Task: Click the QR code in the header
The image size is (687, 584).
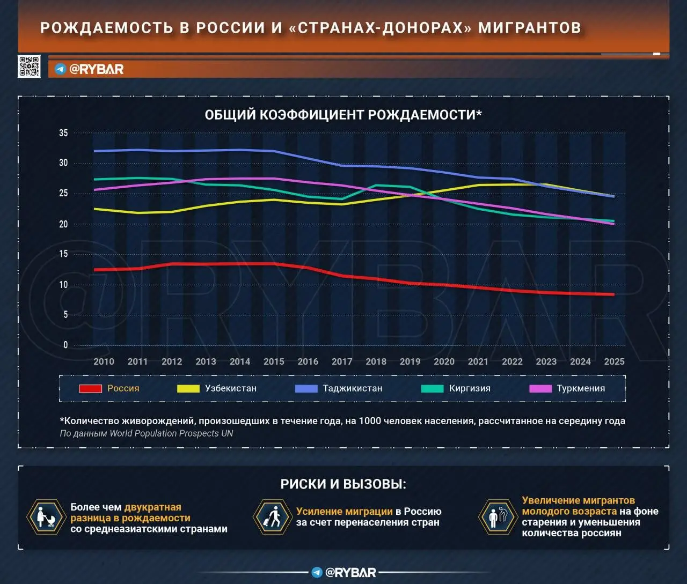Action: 29,66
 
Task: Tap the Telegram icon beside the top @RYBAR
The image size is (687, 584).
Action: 61,69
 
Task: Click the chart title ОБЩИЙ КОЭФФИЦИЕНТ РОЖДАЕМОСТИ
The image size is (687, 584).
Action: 343,115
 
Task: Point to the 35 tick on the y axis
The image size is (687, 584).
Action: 63,133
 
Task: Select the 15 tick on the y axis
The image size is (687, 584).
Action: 63,254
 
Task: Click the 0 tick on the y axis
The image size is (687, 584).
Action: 65,345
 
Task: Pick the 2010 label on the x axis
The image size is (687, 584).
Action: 104,361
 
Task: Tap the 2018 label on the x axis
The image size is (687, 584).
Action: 376,361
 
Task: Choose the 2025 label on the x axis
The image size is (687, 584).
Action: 614,361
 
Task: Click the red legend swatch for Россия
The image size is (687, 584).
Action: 90,389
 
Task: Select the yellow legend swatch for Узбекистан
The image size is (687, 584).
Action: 188,389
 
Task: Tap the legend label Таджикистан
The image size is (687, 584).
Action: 353,388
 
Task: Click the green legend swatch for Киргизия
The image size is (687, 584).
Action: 432,389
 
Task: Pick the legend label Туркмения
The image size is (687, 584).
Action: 581,388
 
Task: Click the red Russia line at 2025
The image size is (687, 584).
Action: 613,294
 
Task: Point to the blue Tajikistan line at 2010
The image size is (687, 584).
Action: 95,151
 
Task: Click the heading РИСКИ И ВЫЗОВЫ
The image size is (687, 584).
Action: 343,484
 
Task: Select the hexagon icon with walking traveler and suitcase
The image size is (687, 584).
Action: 271,517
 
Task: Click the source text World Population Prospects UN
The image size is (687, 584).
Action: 171,433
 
